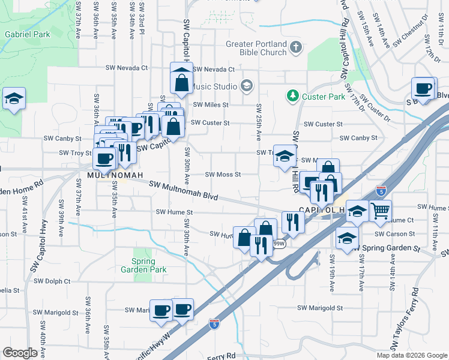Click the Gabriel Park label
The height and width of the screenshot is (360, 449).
[28, 34]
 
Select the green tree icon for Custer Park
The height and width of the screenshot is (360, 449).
[292, 96]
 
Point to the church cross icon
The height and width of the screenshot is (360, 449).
[295, 46]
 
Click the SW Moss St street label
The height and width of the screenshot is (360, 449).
[223, 175]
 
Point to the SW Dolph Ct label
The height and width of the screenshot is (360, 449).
[52, 281]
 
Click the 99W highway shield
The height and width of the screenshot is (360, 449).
[279, 244]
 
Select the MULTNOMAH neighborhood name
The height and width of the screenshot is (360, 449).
[115, 175]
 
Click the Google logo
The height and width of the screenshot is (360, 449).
[20, 353]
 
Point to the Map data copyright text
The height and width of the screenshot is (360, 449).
[411, 355]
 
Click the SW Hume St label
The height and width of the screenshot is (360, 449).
[174, 212]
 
